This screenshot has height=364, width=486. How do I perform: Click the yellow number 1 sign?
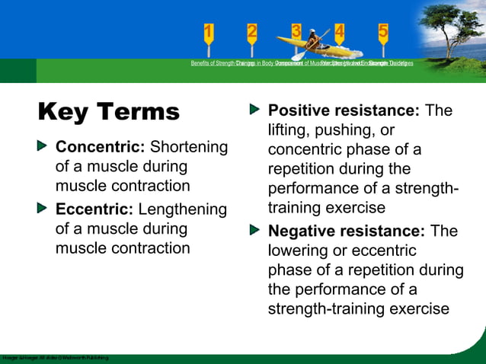tap(209, 32)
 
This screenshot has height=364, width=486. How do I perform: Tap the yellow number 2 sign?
tap(252, 32)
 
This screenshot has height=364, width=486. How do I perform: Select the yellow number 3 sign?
tap(296, 30)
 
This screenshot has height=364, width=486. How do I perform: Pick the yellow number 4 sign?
tap(339, 32)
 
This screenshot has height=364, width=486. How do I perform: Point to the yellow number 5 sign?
tap(383, 32)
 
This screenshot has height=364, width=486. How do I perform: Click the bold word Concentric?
tap(101, 146)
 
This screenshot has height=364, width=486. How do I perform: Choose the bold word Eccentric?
tap(95, 209)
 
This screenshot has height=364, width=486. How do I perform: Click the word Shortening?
tap(189, 146)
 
